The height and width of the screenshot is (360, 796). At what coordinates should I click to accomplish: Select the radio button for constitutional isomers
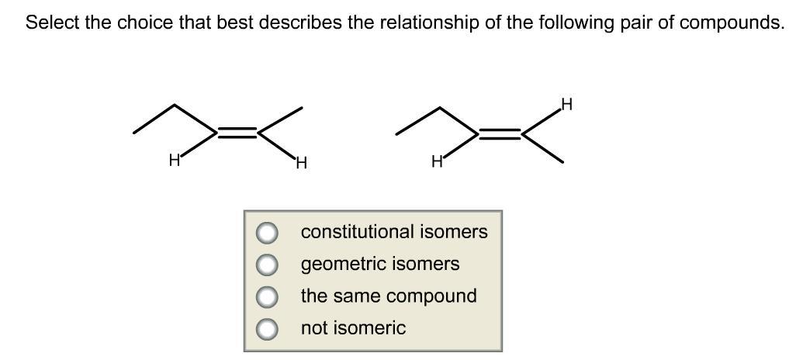[x=267, y=232]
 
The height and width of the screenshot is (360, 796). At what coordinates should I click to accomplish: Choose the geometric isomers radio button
[x=267, y=265]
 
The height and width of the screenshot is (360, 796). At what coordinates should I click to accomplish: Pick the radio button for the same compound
[x=267, y=296]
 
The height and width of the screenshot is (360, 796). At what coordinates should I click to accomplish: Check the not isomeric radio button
[x=267, y=328]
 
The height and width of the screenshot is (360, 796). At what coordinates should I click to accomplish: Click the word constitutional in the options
[x=357, y=232]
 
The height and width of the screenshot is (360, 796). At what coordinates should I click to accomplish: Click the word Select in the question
[x=52, y=22]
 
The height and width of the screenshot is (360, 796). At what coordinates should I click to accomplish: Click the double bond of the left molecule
[x=237, y=133]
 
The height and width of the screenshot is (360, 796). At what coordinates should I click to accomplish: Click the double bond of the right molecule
[x=500, y=133]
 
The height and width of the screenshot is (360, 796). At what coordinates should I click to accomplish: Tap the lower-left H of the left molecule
[x=175, y=161]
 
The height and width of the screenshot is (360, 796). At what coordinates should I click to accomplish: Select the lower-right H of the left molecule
[x=301, y=163]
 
